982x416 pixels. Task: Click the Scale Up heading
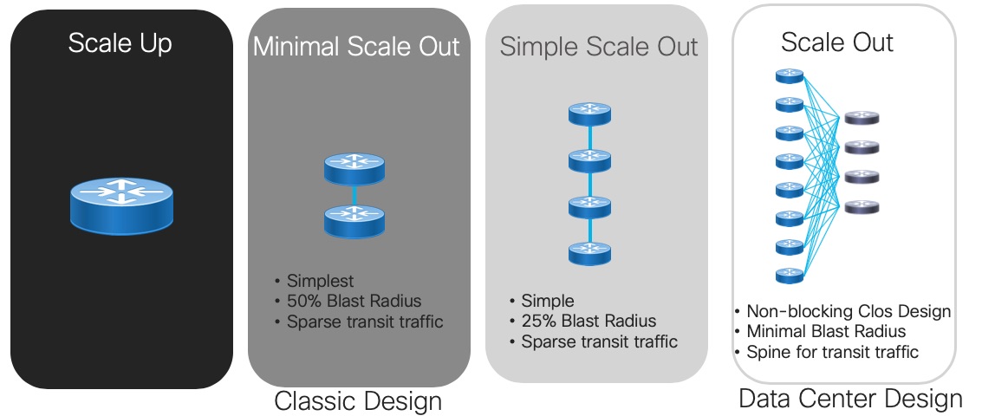click(x=120, y=44)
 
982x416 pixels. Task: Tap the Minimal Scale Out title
click(x=356, y=47)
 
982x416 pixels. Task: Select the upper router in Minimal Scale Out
click(x=354, y=168)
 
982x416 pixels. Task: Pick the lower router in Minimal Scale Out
click(x=354, y=221)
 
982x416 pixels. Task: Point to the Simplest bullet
click(x=315, y=281)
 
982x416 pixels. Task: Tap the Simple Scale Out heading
click(x=599, y=47)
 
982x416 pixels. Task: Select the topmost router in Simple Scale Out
click(x=589, y=114)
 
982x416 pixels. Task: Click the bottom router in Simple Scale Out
click(x=589, y=253)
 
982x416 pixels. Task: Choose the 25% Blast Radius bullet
click(x=583, y=322)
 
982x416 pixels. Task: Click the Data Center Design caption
click(x=850, y=399)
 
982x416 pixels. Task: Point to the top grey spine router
click(x=862, y=118)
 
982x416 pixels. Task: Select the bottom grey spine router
click(x=862, y=207)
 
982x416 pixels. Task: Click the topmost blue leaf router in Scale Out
click(x=789, y=76)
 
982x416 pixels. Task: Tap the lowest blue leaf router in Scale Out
click(x=789, y=275)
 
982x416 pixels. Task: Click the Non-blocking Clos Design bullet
click(x=843, y=311)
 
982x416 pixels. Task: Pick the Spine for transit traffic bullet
click(x=827, y=352)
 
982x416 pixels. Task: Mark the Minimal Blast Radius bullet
click(x=821, y=331)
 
